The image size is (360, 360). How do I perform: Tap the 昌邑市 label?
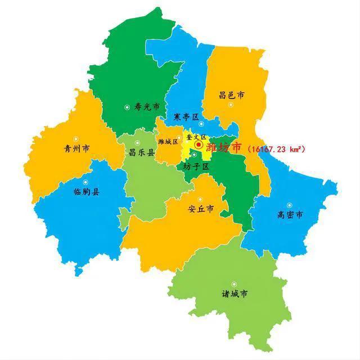(232, 96)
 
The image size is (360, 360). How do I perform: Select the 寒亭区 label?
(186, 117)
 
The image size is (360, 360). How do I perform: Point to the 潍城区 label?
(168, 141)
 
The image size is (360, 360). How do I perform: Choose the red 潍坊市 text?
(224, 148)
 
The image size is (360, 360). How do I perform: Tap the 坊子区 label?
(196, 166)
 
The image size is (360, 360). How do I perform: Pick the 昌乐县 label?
(142, 152)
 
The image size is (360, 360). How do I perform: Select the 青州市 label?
(77, 149)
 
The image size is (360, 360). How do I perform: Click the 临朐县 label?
(86, 192)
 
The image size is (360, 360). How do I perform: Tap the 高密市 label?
(290, 214)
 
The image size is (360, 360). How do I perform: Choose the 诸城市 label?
(235, 294)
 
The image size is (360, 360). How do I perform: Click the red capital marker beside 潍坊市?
(199, 146)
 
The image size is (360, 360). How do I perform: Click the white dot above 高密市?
(290, 205)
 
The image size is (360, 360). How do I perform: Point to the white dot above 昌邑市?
(230, 105)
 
